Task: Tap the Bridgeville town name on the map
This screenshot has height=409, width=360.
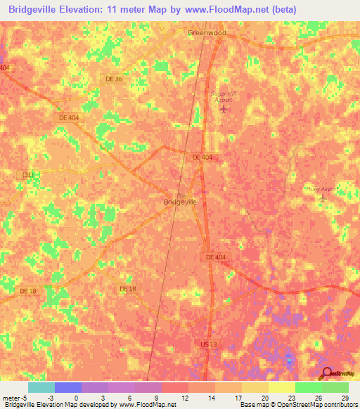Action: point(180,202)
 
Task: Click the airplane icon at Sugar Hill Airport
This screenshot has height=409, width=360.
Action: point(224,109)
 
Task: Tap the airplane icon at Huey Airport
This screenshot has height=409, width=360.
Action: point(323,199)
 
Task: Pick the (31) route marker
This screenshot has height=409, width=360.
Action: point(27,174)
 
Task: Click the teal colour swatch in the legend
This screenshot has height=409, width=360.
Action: point(41,387)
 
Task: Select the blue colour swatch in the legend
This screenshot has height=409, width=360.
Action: point(68,387)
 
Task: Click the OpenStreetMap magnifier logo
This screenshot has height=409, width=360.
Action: point(328,374)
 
